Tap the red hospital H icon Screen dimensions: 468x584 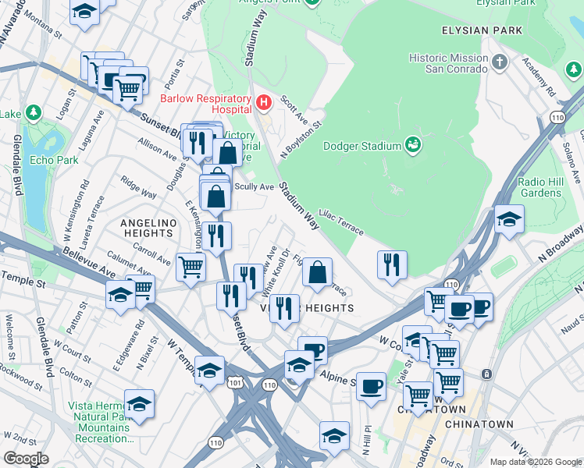pos(264,101)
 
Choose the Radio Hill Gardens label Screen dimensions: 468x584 pos(540,187)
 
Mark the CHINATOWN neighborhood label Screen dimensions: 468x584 pos(478,424)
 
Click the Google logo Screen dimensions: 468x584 pos(26,459)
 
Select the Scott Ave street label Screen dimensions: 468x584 pos(294,108)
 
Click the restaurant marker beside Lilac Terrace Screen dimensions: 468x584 pos(392,264)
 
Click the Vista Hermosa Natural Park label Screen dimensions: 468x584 pos(98,422)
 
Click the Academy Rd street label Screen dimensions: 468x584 pos(539,76)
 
